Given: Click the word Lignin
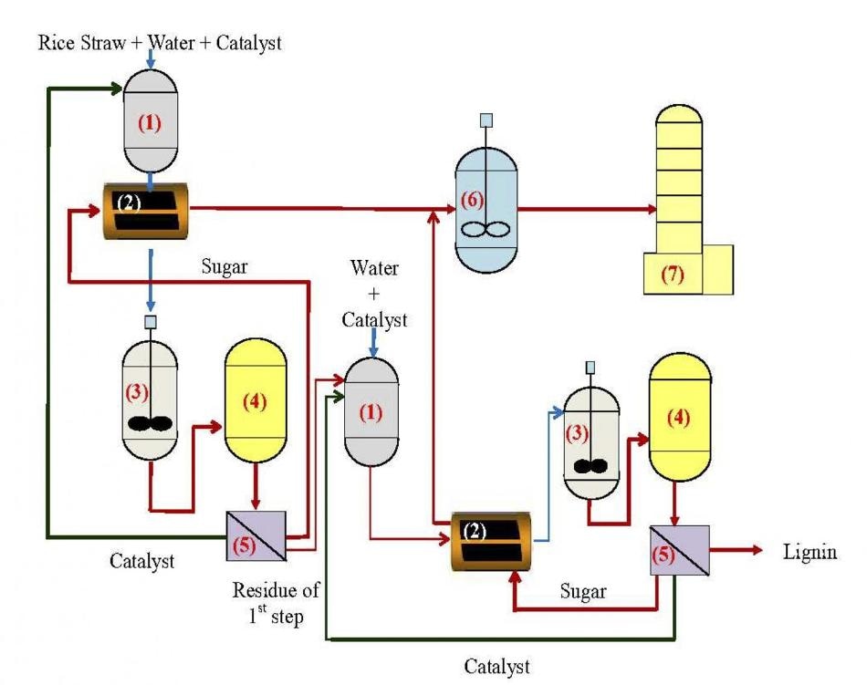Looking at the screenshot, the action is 810,553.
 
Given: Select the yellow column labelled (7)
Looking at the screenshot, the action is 688,199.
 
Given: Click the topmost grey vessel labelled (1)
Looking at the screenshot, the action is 150,121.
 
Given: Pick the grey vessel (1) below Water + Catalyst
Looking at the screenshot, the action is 371,411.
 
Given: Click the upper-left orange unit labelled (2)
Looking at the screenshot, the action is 146,211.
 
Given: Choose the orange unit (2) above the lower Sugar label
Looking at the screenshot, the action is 491,541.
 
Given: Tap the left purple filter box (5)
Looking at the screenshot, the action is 256,535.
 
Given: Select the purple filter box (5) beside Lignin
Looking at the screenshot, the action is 679,550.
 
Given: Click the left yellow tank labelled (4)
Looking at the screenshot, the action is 256,400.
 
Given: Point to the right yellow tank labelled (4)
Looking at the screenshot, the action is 680,417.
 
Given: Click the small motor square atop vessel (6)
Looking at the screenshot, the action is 486,120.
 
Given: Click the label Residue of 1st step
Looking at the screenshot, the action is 276,602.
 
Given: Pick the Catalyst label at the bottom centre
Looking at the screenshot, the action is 496,667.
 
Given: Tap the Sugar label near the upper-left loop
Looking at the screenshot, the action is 224,267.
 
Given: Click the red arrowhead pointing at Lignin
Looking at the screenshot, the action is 756,550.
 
